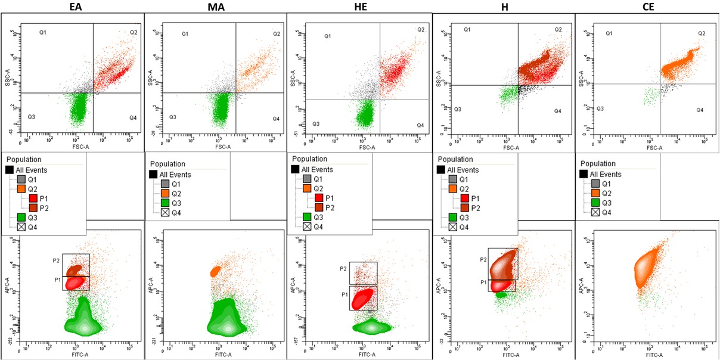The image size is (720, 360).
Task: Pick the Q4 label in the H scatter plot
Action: click(x=557, y=111)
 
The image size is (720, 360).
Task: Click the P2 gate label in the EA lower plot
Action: click(x=57, y=260)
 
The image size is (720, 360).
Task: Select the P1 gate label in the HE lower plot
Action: click(x=345, y=294)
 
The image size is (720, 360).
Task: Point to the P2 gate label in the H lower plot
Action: click(x=483, y=260)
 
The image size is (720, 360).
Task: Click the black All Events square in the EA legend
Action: click(x=10, y=170)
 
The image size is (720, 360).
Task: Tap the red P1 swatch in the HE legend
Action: click(x=319, y=198)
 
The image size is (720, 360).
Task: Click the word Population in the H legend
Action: click(x=456, y=160)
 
